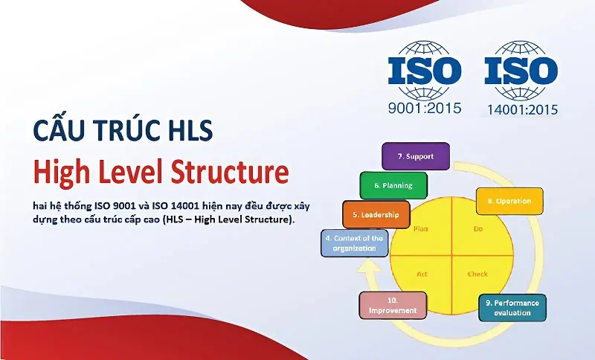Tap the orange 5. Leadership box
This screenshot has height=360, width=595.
pyautogui.click(x=376, y=214)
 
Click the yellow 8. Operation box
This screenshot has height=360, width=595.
pyautogui.click(x=509, y=201)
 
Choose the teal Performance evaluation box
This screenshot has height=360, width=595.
pyautogui.click(x=512, y=308)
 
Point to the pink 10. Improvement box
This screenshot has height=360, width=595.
pyautogui.click(x=393, y=306)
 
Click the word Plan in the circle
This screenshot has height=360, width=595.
pyautogui.click(x=421, y=229)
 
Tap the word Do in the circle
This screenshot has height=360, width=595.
pyautogui.click(x=478, y=229)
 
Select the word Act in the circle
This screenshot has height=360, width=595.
pyautogui.click(x=422, y=274)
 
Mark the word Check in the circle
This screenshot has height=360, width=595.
pyautogui.click(x=477, y=274)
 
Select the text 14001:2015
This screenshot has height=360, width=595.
pyautogui.click(x=521, y=109)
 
